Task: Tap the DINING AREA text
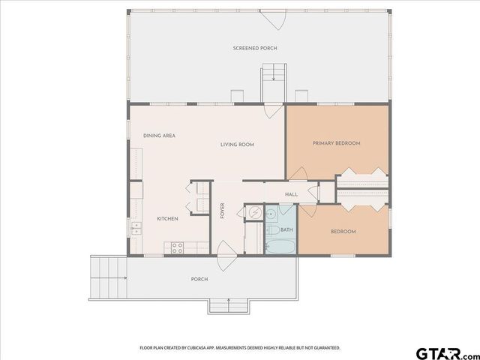click(159, 136)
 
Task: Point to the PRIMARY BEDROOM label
click(337, 143)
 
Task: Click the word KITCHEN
click(166, 218)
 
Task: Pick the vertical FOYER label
click(222, 211)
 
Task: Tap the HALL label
click(292, 194)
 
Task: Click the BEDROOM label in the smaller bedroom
click(343, 232)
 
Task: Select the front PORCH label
click(199, 279)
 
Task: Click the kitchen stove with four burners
click(178, 246)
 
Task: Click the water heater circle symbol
click(255, 214)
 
